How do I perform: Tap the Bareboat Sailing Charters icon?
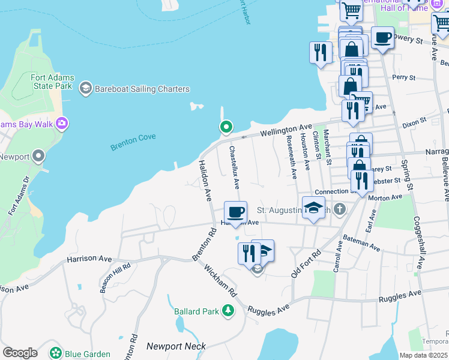tap(85, 89)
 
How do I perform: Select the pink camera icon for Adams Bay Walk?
tap(61, 124)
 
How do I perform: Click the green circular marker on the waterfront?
tap(226, 127)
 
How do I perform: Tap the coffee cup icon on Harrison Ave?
tap(235, 212)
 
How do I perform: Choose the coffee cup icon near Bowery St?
tap(382, 38)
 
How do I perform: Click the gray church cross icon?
tap(340, 209)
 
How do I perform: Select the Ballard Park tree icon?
tap(228, 310)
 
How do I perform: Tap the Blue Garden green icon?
tap(56, 353)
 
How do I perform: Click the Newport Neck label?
tap(176, 346)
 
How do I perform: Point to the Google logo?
tap(20, 353)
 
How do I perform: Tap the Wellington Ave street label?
tap(286, 130)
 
